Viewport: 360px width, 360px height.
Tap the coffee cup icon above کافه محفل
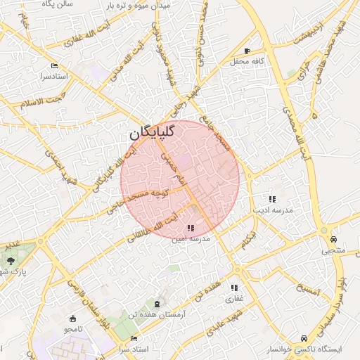247,51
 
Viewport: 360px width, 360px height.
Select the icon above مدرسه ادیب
272,200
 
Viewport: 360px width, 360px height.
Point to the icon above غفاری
233,288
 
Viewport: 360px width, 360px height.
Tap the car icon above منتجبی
333,239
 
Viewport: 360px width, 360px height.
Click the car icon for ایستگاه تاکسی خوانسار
304,338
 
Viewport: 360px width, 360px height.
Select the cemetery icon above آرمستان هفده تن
156,304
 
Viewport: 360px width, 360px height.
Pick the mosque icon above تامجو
73,319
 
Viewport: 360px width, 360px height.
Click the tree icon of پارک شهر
11,261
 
